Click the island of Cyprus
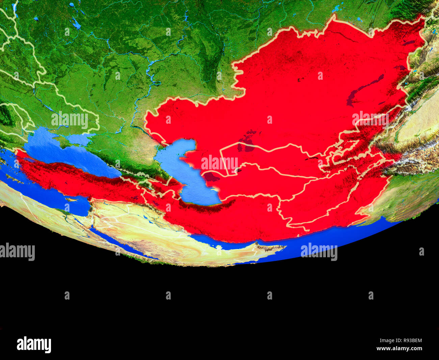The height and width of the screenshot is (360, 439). [71, 199]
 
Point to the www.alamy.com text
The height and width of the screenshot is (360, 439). [399, 349]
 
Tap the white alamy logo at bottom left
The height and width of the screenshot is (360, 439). [34, 344]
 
